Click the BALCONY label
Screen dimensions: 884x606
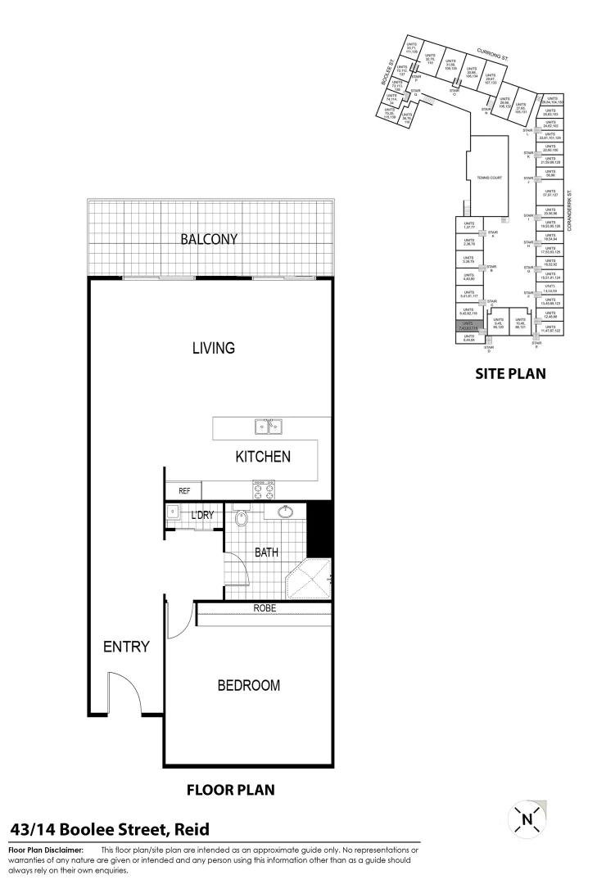coord(209,239)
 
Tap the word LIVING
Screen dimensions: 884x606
coord(213,348)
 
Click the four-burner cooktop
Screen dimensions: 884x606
coord(264,489)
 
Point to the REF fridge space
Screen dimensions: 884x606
coord(184,491)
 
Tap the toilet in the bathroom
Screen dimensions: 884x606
coord(242,518)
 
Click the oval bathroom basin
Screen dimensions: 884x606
coord(287,513)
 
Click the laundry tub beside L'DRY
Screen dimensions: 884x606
coord(174,512)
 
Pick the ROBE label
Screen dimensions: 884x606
coord(264,609)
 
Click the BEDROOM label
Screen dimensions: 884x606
coord(248,685)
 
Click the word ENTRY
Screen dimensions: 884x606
coord(126,647)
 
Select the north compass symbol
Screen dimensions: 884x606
coord(527,817)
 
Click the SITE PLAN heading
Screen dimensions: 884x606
coord(510,374)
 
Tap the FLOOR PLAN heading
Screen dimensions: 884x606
coord(231,790)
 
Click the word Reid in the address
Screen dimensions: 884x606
coord(190,828)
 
